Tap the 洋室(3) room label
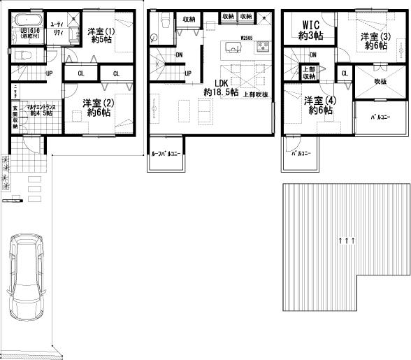pyautogui.click(x=374, y=41)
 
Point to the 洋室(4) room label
pyautogui.click(x=319, y=104)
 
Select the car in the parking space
pyautogui.click(x=26, y=278)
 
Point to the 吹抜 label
pyautogui.click(x=380, y=82)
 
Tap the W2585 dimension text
pyautogui.click(x=245, y=37)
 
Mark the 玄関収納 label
pyautogui.click(x=15, y=117)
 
